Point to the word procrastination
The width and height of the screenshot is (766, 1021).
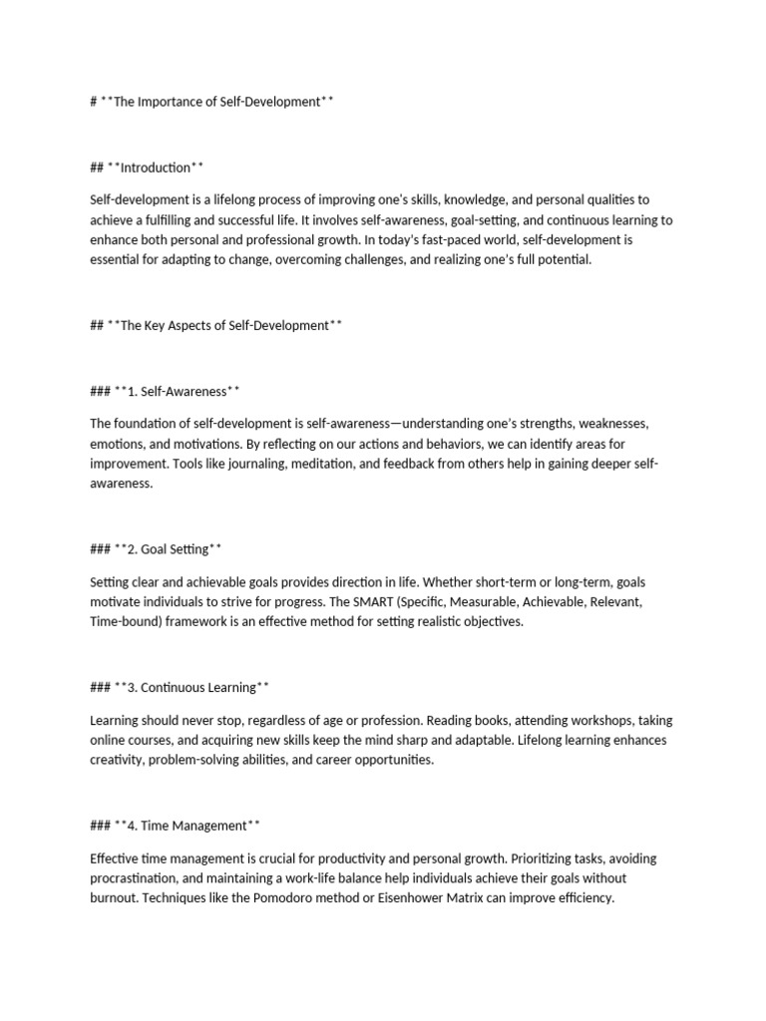(135, 877)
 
